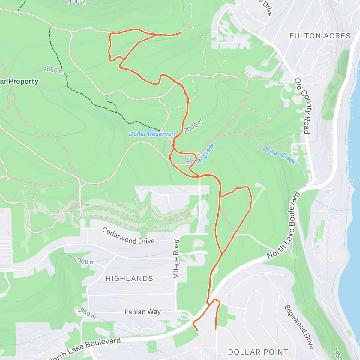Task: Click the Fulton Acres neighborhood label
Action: coord(320,36)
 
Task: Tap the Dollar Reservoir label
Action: coord(152,134)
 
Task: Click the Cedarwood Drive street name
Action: coord(128,236)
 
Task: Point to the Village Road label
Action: coord(176,259)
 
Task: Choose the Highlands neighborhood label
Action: coord(129,279)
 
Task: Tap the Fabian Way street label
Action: coord(142,312)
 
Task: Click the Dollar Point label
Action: coord(258,352)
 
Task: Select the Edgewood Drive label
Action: coord(299,327)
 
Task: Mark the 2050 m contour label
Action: coord(53,70)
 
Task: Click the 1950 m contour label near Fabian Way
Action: coord(86,313)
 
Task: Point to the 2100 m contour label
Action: coord(75,2)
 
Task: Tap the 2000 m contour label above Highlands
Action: coord(84,260)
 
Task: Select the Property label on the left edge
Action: coord(19,81)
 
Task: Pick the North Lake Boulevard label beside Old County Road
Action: coord(283,226)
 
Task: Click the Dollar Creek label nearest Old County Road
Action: coord(279,155)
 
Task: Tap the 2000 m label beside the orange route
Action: coord(193,126)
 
